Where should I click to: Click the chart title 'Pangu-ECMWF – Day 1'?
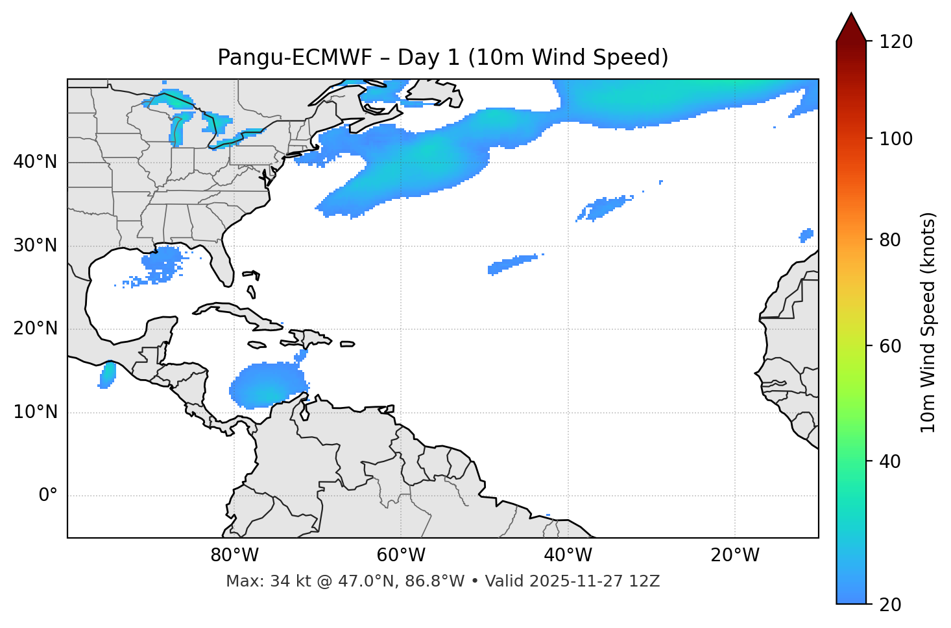(442, 58)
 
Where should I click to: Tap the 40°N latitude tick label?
(35, 161)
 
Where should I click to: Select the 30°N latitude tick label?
(35, 246)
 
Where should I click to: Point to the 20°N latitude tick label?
(35, 329)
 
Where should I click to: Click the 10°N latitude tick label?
(35, 412)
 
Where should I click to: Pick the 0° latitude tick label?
(48, 496)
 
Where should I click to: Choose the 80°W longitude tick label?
(234, 555)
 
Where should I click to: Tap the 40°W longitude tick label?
(568, 555)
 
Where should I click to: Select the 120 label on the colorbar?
(896, 41)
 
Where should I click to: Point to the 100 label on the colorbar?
(896, 139)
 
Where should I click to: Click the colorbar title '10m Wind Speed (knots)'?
(928, 322)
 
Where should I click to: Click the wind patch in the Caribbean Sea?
(267, 386)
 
